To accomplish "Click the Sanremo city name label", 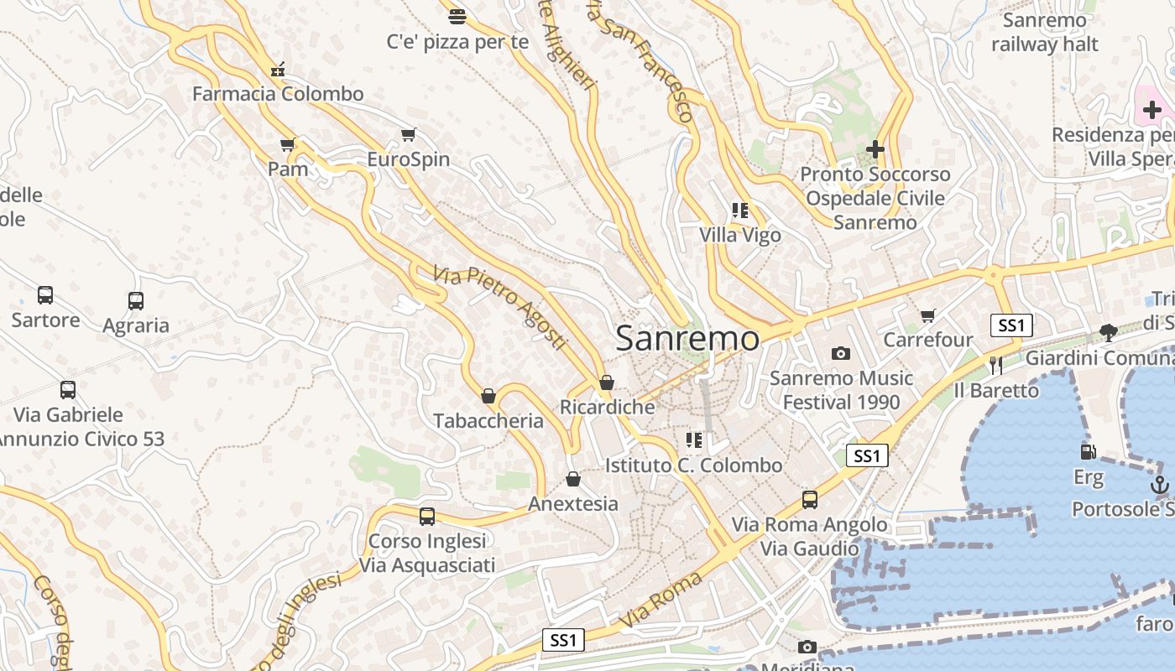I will point(687,339).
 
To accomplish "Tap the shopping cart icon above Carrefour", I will point(927,315).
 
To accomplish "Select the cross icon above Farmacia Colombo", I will point(278,70).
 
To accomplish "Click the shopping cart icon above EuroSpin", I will point(409,134).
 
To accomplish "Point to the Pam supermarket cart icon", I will point(288,144).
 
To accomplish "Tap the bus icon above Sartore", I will point(45,295).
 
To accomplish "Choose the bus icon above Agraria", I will point(136,300).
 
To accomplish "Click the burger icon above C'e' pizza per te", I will point(457,16).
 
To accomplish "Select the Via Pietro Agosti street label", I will point(500,308).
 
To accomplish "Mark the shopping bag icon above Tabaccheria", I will point(488,396).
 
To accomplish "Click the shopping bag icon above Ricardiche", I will point(607,382).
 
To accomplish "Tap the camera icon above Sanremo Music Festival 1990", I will point(840,353).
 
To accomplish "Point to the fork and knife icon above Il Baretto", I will point(995,365).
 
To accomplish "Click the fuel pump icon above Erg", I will point(1088,452).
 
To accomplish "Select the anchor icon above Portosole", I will point(1159,484).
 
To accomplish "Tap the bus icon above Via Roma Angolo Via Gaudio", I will point(810,500).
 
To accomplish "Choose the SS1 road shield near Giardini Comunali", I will point(1011,325).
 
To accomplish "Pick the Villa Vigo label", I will point(740,235).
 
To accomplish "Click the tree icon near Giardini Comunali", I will point(1108,332).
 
